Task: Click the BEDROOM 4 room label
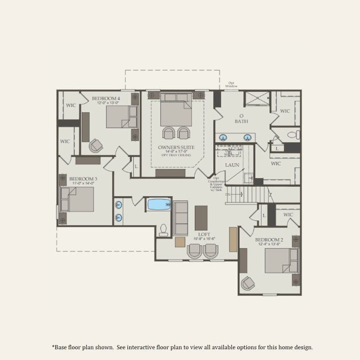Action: point(106,98)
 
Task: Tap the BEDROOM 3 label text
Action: point(83,178)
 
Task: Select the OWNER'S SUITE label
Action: point(176,147)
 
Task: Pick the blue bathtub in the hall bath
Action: point(158,204)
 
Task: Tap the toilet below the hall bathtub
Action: point(163,230)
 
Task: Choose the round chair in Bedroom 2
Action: point(248,283)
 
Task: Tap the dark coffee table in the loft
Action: point(201,218)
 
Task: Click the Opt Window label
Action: point(233,85)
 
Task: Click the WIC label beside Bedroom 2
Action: point(288,215)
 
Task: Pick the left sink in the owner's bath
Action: point(223,138)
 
